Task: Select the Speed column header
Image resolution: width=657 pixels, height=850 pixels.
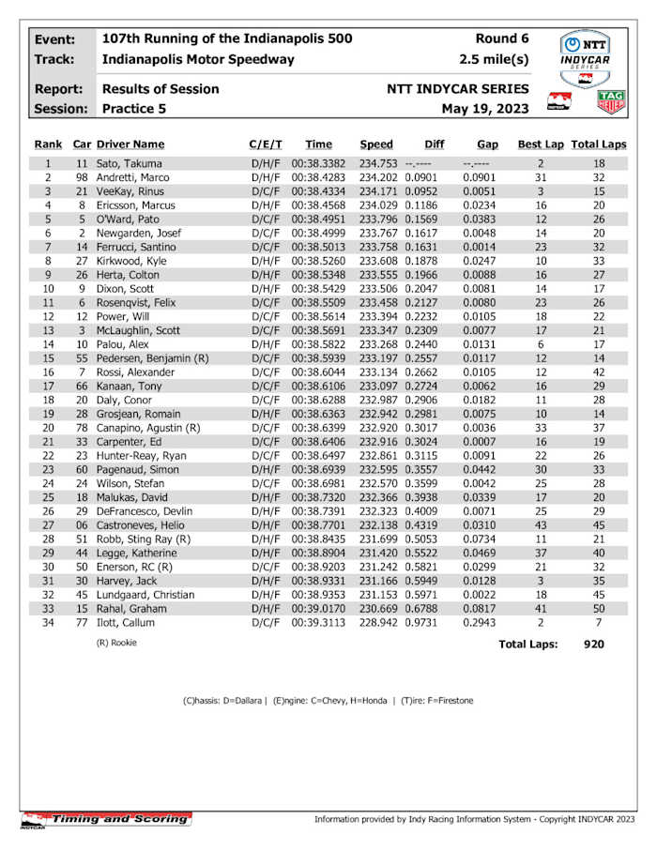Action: [x=376, y=144]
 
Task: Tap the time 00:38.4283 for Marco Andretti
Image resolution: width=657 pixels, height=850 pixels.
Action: [x=318, y=176]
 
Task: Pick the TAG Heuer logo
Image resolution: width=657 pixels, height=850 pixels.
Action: [x=611, y=100]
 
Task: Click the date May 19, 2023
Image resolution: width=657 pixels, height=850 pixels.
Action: [x=485, y=109]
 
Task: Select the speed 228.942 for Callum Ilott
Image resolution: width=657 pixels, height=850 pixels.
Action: [x=378, y=622]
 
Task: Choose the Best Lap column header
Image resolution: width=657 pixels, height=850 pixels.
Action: [x=541, y=144]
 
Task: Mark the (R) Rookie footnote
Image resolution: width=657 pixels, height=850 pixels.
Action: [x=117, y=644]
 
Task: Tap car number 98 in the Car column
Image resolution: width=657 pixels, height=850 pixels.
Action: [x=83, y=176]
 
